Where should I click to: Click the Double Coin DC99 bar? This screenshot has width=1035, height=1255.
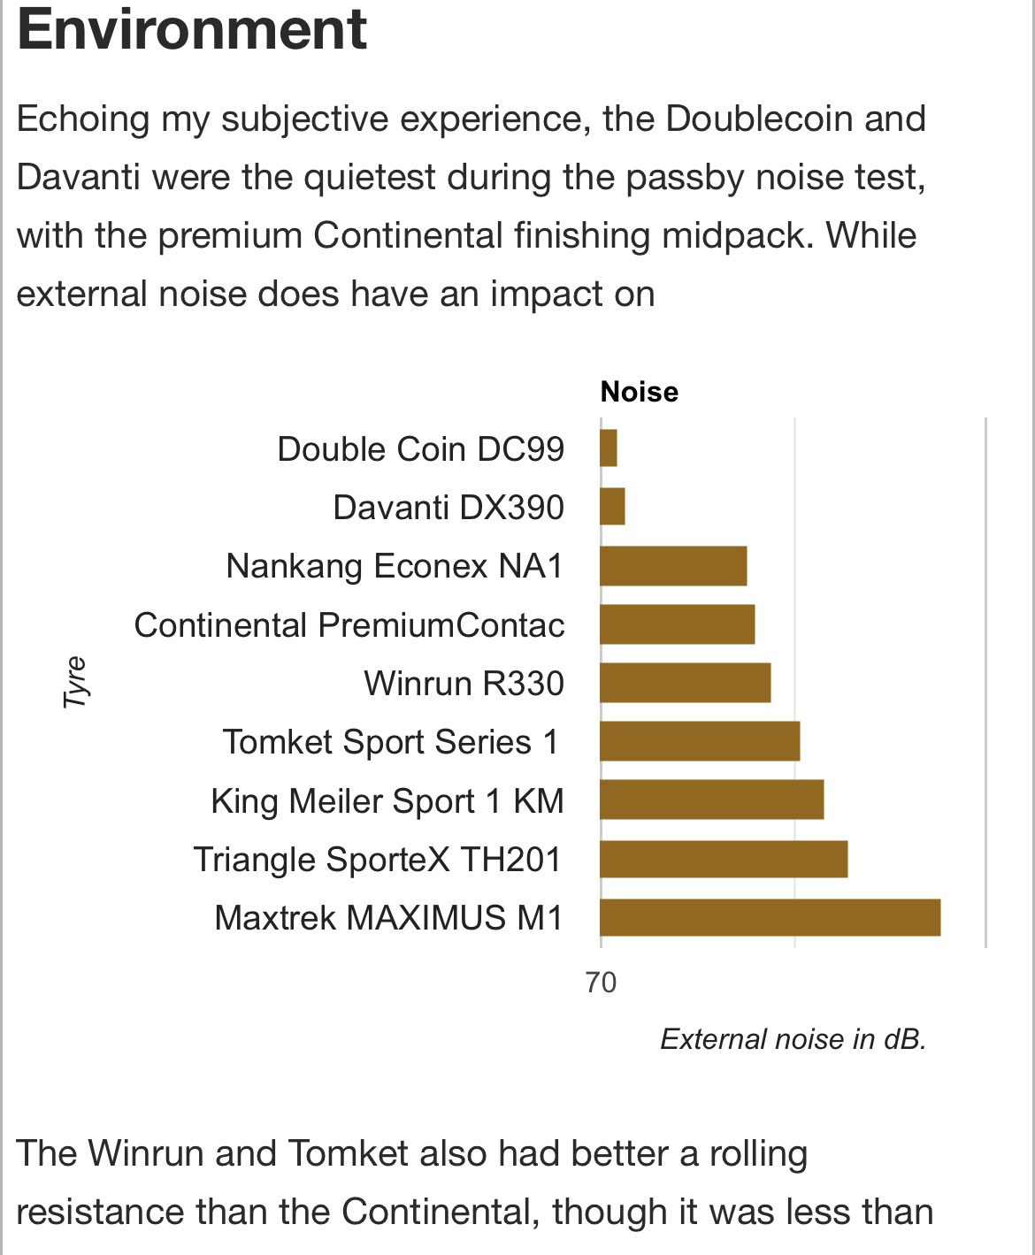609,448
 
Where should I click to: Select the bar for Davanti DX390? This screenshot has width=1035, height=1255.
612,507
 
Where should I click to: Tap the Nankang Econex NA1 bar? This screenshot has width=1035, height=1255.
673,566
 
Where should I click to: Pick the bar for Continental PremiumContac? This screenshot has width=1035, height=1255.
677,624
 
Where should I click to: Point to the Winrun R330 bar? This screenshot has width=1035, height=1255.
685,683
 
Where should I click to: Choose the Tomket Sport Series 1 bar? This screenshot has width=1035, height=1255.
700,741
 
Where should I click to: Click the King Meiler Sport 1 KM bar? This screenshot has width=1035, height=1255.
711,800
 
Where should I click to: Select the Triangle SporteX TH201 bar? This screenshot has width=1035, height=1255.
724,859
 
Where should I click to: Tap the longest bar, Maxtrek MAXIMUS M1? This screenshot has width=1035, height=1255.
770,917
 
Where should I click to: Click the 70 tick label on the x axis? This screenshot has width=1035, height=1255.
602,983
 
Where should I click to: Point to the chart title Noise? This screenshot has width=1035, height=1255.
640,392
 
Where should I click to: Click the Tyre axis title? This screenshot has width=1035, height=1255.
76,682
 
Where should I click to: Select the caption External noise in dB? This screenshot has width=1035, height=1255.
793,1039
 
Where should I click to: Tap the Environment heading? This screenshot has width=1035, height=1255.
192,30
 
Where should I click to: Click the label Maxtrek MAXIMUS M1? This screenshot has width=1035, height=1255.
389,918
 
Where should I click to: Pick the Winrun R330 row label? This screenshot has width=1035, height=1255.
464,684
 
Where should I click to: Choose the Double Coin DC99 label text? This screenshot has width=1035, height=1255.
421,449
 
